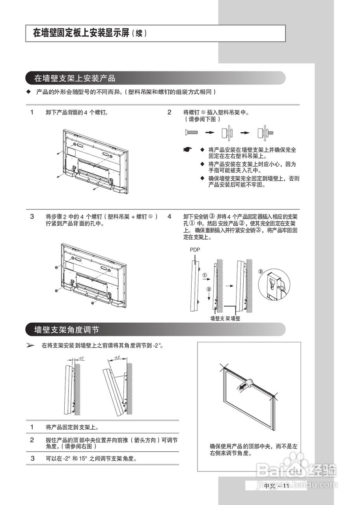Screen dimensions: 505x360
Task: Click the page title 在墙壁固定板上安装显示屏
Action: point(81,34)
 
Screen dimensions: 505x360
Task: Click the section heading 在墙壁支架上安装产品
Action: point(75,78)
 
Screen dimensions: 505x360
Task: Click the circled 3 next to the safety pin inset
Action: point(260,272)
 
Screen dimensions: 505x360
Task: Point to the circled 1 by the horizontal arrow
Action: point(205,275)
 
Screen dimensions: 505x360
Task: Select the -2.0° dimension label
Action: point(80,358)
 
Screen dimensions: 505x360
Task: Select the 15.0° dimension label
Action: point(117,357)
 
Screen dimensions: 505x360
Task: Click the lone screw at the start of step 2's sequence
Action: point(191,132)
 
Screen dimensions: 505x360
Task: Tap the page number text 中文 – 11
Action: point(277,485)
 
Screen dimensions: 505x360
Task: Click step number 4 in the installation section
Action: point(169,216)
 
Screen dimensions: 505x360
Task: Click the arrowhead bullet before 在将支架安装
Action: point(31,345)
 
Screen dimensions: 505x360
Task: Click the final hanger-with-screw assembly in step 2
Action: point(265,132)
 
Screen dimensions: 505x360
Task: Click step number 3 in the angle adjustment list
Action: point(33,458)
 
